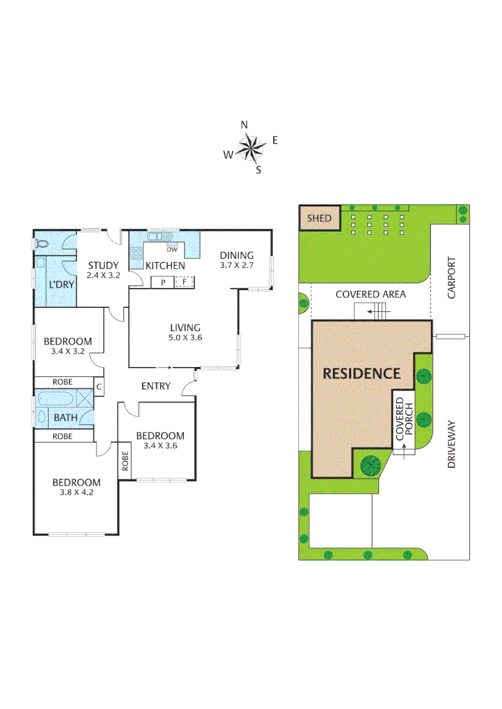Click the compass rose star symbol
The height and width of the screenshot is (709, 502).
pyautogui.click(x=250, y=147)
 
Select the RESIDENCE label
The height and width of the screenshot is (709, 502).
pyautogui.click(x=361, y=374)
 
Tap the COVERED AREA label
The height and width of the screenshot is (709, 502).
pyautogui.click(x=371, y=294)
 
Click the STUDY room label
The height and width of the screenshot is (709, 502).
pyautogui.click(x=103, y=266)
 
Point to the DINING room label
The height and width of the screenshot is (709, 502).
pyautogui.click(x=236, y=255)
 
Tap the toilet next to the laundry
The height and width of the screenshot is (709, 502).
pyautogui.click(x=42, y=244)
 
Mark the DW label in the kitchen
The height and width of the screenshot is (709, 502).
pyautogui.click(x=172, y=249)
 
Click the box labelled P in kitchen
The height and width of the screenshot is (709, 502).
pyautogui.click(x=161, y=282)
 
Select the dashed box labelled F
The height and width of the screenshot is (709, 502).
pyautogui.click(x=185, y=282)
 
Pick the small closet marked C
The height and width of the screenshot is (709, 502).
pyautogui.click(x=99, y=387)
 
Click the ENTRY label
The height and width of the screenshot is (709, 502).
pyautogui.click(x=156, y=386)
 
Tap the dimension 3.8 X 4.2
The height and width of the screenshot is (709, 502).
pyautogui.click(x=76, y=492)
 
